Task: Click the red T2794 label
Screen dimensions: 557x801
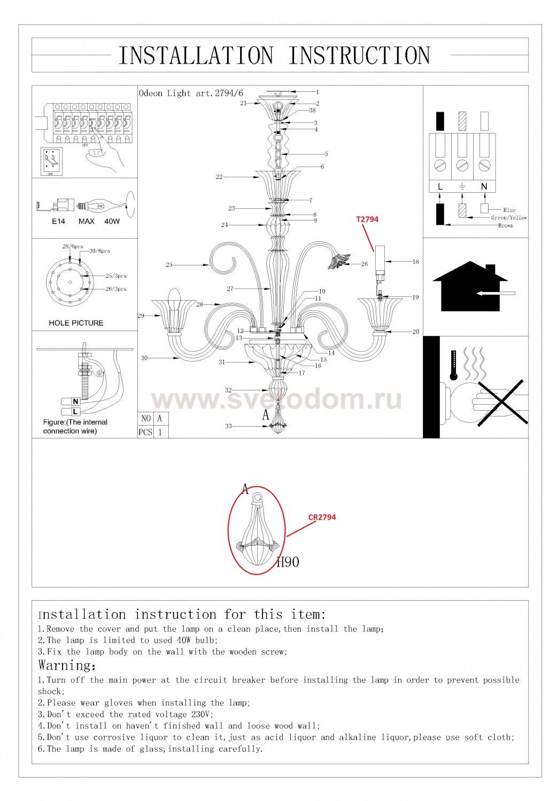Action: pos(367,219)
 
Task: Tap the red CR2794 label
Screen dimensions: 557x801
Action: pos(322,517)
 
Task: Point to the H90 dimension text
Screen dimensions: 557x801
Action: pos(288,562)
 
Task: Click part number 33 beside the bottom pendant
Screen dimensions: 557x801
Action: pos(228,426)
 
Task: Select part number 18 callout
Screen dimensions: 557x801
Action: pos(415,262)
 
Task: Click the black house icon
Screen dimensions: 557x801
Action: pos(470,286)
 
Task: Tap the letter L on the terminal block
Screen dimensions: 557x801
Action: pos(440,187)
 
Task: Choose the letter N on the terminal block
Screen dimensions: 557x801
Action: pos(484,187)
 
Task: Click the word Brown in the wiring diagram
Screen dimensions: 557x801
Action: pos(506,226)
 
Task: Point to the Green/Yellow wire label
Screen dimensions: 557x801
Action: pos(509,217)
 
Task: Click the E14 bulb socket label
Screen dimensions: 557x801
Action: pos(58,222)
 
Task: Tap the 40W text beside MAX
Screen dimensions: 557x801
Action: pos(112,222)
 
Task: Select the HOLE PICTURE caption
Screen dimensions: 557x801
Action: pos(76,323)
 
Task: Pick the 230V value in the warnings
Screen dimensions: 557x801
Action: pos(202,714)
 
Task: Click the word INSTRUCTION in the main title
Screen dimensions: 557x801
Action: pos(359,56)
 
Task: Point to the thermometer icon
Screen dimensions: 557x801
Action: pos(454,365)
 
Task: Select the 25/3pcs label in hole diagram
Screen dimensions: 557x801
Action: pos(116,276)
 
